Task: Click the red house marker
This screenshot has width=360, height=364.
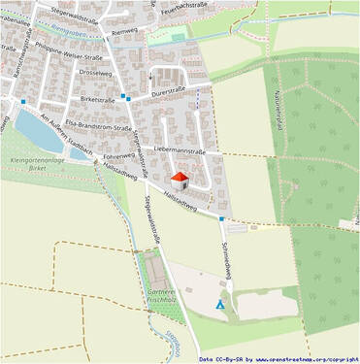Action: click(x=179, y=180)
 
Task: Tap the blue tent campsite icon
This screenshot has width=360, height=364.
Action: click(x=219, y=304)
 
